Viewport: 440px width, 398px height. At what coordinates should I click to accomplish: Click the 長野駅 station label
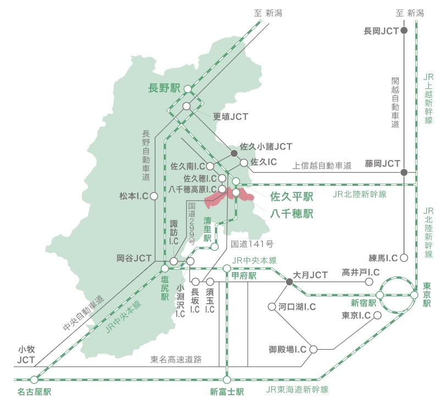[165, 88]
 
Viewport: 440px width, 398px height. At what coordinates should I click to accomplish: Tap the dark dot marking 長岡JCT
[404, 31]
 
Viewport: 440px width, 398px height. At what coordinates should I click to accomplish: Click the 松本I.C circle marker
[154, 196]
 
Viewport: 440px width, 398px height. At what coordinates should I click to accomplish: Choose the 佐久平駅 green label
[292, 196]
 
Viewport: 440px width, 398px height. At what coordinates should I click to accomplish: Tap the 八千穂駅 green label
[292, 213]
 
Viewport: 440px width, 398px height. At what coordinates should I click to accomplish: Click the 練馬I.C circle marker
[404, 257]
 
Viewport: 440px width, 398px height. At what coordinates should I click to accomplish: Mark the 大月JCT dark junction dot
[289, 281]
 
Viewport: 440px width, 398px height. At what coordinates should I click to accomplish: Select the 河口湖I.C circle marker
[271, 307]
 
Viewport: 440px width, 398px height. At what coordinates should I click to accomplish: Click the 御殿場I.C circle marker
[313, 349]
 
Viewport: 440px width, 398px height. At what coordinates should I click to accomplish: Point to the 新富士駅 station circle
[227, 379]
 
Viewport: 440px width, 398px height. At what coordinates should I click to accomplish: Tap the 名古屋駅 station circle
[35, 379]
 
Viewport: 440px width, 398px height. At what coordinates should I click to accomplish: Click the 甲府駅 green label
[244, 275]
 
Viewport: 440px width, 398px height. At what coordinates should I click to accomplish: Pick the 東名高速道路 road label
[176, 360]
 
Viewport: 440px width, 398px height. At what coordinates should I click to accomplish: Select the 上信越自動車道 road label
[321, 164]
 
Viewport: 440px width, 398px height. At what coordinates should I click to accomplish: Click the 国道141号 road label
[252, 244]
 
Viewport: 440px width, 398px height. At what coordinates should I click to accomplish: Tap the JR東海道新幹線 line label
[297, 390]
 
